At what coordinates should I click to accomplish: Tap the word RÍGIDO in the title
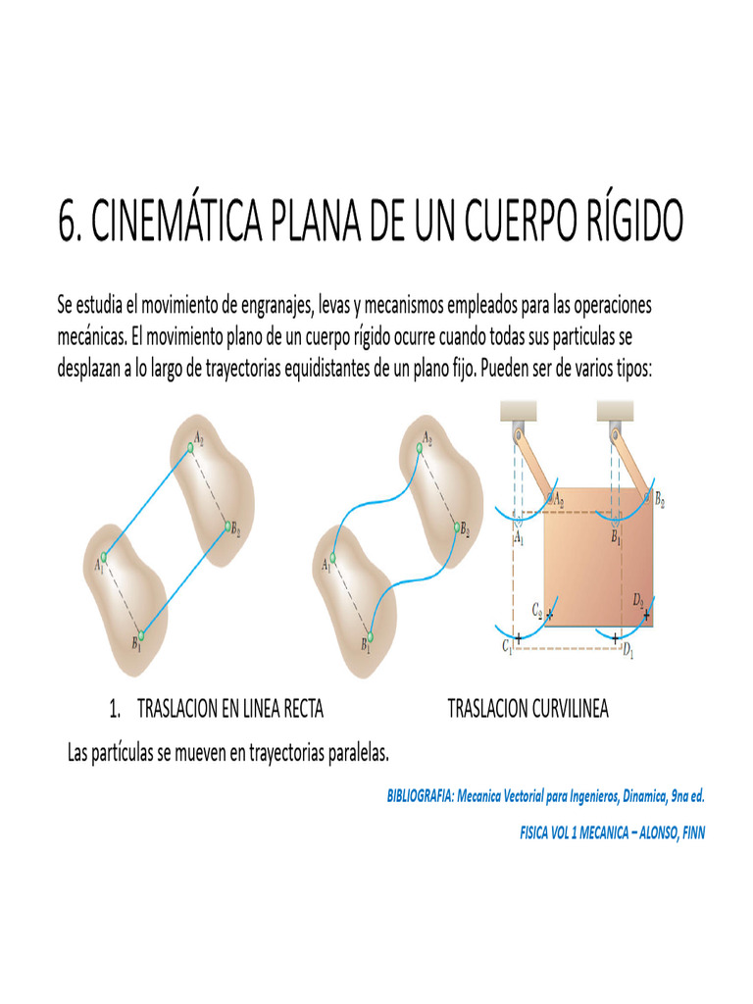pyautogui.click(x=625, y=223)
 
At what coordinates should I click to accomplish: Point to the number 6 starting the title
pyautogui.click(x=68, y=223)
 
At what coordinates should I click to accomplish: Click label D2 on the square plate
pyautogui.click(x=638, y=599)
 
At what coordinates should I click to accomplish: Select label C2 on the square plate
pyautogui.click(x=537, y=609)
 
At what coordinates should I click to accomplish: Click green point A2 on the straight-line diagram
pyautogui.click(x=192, y=446)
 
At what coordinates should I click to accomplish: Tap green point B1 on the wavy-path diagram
pyautogui.click(x=372, y=631)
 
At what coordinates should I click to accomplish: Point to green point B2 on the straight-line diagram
pyautogui.click(x=226, y=527)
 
